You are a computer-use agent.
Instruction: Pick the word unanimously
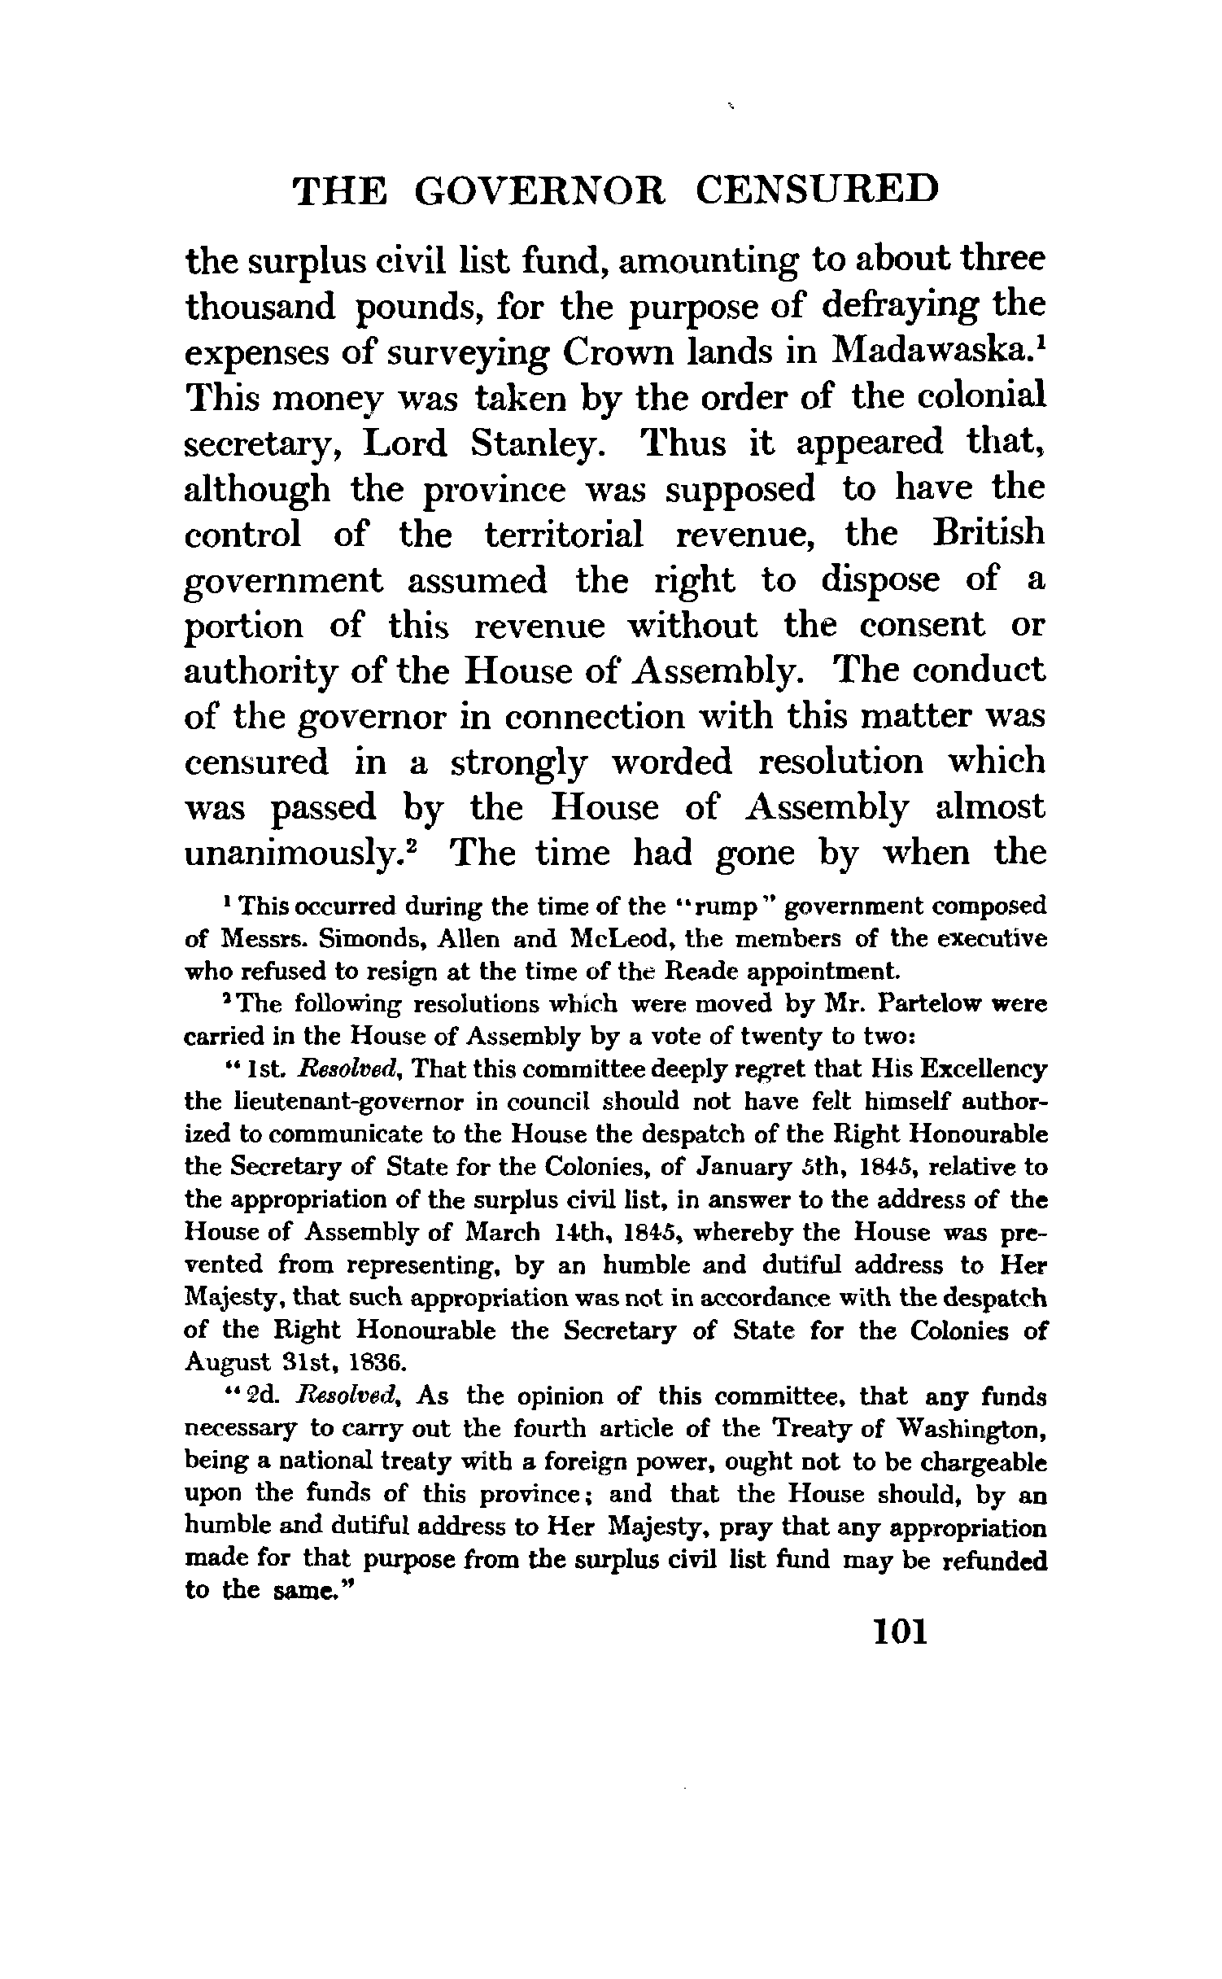(x=299, y=854)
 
